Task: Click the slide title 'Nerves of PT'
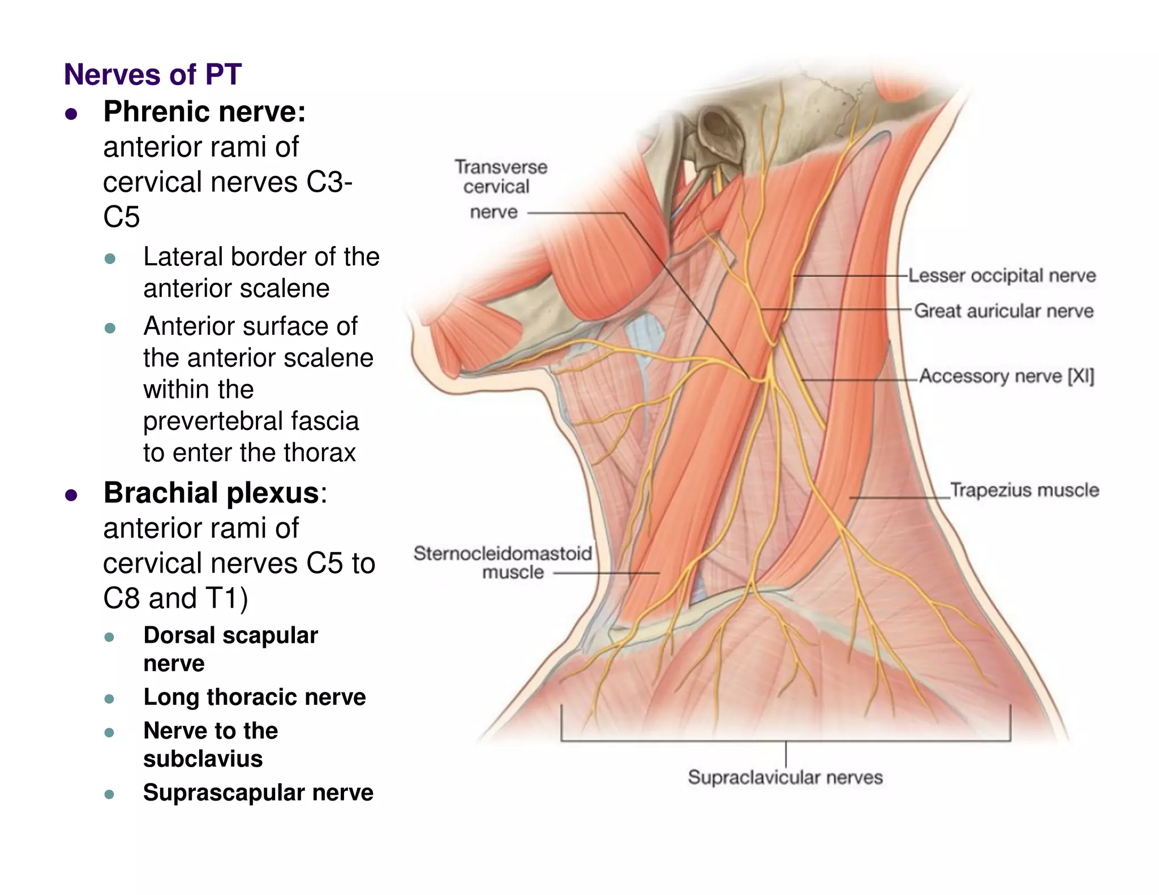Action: [153, 75]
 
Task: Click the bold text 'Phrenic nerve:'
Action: [204, 111]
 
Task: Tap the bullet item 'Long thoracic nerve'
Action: [255, 697]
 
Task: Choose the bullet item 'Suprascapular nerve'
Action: [258, 793]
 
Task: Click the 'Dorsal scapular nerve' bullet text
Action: [230, 649]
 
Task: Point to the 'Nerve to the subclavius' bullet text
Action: [211, 745]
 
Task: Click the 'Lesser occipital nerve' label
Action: [1002, 276]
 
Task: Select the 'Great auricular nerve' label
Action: [1004, 311]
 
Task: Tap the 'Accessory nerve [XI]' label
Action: [1006, 376]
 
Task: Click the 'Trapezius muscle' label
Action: [1024, 490]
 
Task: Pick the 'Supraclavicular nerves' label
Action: [785, 777]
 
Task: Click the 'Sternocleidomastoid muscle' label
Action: [503, 562]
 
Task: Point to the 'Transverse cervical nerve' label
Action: [500, 188]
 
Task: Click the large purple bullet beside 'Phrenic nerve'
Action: [71, 114]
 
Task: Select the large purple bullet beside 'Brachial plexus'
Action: [71, 496]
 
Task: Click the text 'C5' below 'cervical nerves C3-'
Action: [121, 217]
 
